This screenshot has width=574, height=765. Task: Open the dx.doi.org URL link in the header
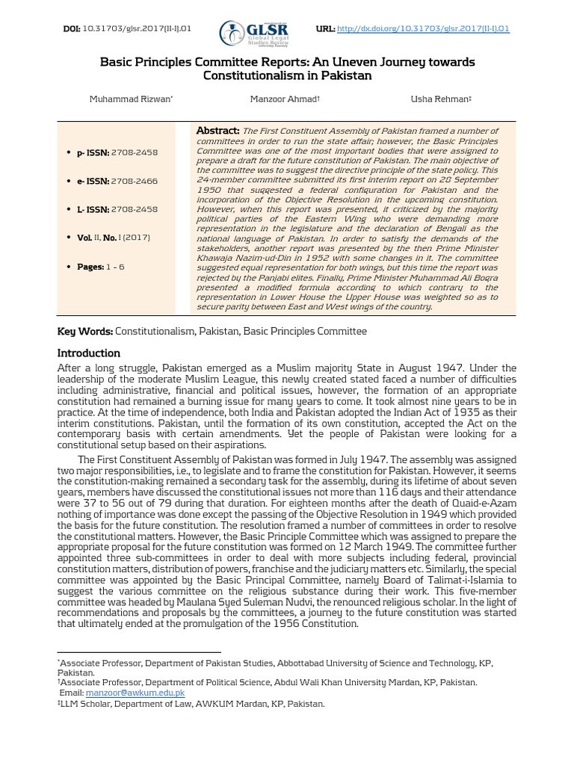[x=423, y=28]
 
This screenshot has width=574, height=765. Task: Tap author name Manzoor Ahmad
[x=284, y=99]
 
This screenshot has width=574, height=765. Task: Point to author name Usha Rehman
[x=441, y=99]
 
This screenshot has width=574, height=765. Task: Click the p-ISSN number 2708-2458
[x=135, y=152]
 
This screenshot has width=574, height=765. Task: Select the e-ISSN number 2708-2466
[x=135, y=181]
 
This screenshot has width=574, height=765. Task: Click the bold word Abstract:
[x=217, y=131]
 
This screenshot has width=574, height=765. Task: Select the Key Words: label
[x=84, y=331]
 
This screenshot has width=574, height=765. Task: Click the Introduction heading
[x=88, y=353]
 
